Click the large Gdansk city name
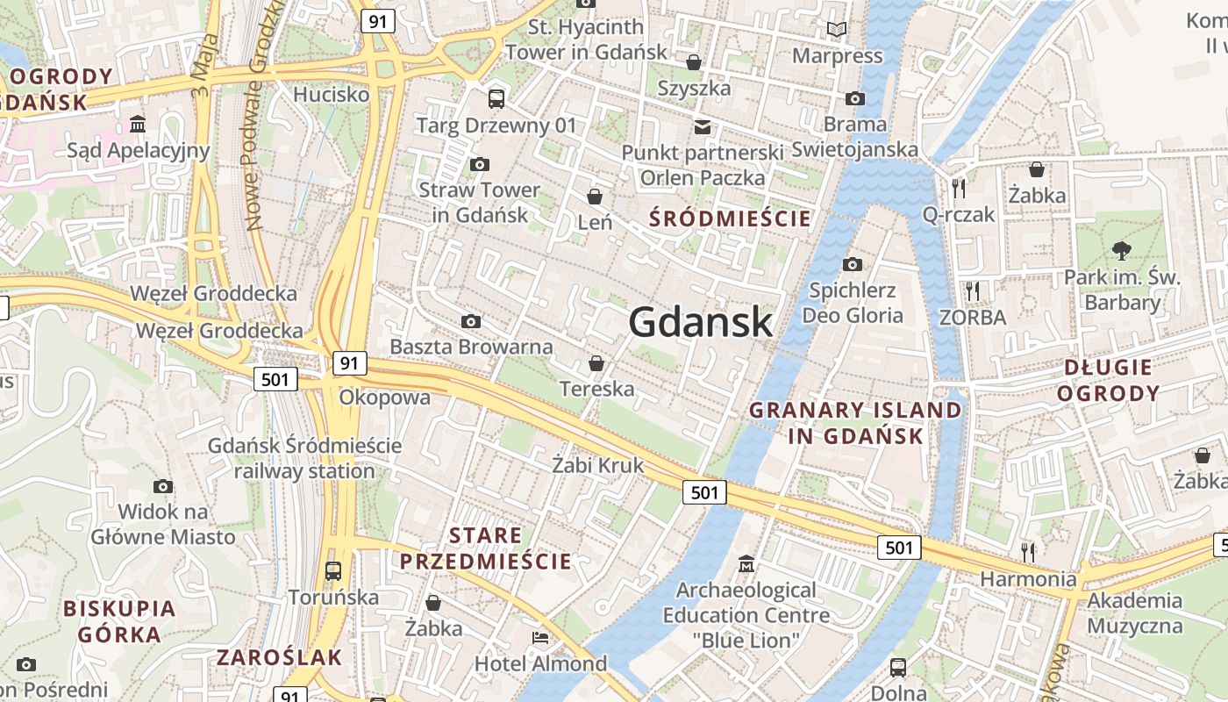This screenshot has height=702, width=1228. [x=700, y=322]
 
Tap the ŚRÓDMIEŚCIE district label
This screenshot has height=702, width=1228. [x=731, y=218]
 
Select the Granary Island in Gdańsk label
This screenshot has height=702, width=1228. [x=855, y=422]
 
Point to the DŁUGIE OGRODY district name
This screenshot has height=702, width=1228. [x=1108, y=380]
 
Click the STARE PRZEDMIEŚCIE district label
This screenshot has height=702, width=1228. [x=485, y=548]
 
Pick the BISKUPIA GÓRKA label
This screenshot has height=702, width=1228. [x=119, y=620]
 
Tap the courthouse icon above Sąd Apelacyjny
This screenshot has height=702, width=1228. [x=138, y=124]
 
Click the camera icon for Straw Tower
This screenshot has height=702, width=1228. [x=479, y=164]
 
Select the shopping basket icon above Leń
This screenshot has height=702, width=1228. [x=595, y=196]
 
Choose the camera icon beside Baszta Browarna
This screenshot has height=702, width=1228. [x=471, y=321]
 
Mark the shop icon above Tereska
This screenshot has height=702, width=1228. [x=596, y=362]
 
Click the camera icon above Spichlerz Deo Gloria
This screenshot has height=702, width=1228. [x=852, y=264]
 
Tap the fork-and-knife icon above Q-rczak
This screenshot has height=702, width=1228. [x=958, y=188]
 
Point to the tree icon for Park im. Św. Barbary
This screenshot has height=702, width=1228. [x=1121, y=251]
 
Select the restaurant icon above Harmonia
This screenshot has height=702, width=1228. [x=1028, y=552]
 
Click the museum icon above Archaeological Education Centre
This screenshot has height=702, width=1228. [x=746, y=562]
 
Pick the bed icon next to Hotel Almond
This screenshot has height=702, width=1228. [x=540, y=637]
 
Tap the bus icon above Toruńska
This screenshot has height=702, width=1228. [x=333, y=570]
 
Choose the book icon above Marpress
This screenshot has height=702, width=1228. [x=837, y=30]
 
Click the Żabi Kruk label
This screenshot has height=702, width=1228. [x=597, y=465]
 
